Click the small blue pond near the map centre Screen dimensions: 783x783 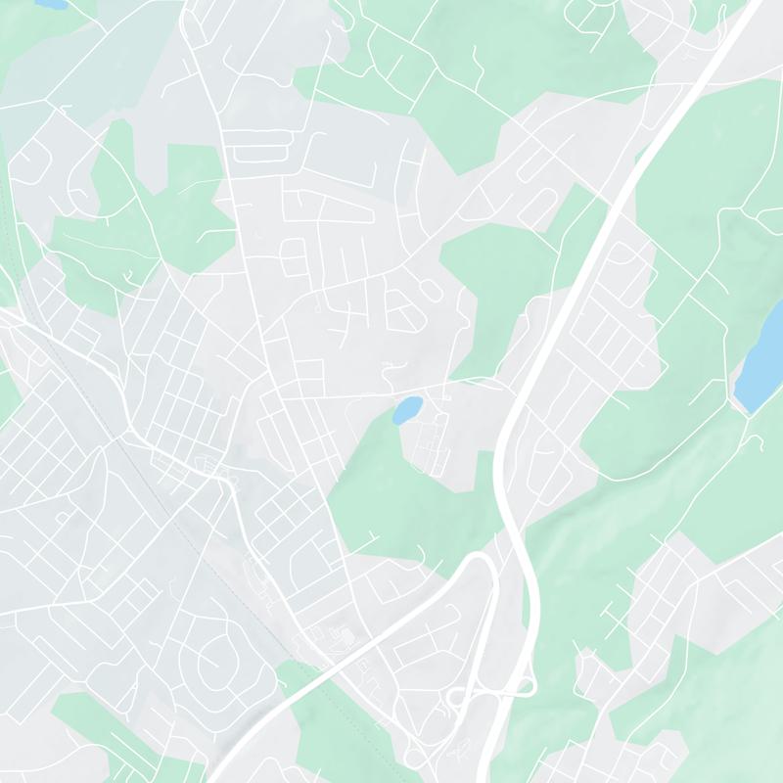tap(407, 410)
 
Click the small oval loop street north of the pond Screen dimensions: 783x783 tap(431, 289)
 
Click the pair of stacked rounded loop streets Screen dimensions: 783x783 tap(294, 257)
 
